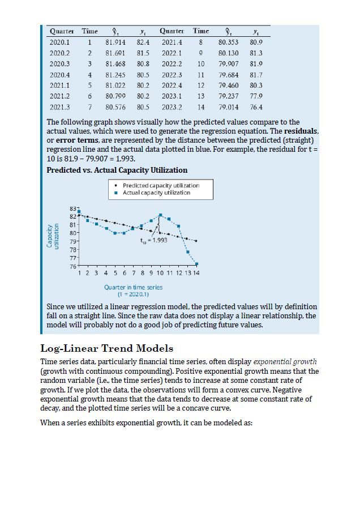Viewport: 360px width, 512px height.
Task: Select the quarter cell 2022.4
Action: (172, 85)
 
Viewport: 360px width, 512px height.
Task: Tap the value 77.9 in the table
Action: (256, 96)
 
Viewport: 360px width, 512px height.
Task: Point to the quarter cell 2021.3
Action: (60, 106)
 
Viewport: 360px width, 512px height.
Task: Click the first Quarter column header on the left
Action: (61, 31)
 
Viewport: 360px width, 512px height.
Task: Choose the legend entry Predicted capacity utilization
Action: (160, 185)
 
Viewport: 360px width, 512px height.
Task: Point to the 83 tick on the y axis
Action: (72, 210)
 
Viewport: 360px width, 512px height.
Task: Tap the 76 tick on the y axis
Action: (72, 266)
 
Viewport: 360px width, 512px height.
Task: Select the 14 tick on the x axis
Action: (196, 273)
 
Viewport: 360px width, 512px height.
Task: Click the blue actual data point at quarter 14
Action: (197, 264)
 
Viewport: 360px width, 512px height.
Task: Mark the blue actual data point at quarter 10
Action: (161, 215)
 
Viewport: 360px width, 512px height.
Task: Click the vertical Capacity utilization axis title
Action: (53, 238)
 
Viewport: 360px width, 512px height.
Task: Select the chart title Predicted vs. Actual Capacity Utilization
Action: (117, 170)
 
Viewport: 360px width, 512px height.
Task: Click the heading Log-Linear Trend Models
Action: (106, 348)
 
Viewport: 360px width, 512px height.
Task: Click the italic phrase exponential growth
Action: (285, 361)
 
